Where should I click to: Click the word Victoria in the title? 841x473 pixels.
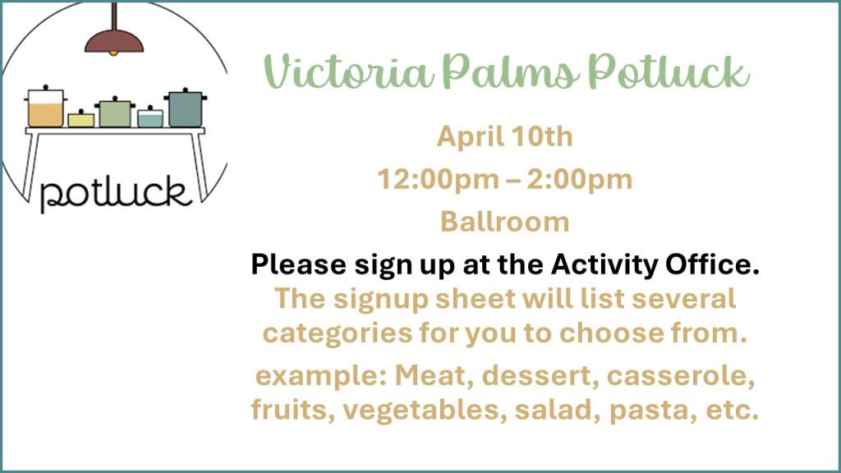[348, 71]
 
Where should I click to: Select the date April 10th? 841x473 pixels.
[505, 136]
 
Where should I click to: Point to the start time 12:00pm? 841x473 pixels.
[439, 180]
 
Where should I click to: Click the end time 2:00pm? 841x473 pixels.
[580, 180]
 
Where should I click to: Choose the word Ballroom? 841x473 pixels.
[505, 222]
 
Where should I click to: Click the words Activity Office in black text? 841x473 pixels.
[655, 264]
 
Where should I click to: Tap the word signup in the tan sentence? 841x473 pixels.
[381, 300]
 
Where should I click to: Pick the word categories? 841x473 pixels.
[338, 333]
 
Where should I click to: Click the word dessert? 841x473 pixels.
[540, 376]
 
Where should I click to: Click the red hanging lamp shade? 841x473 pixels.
[114, 42]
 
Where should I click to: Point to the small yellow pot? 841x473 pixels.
[81, 118]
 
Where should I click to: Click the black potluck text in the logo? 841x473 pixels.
[115, 193]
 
